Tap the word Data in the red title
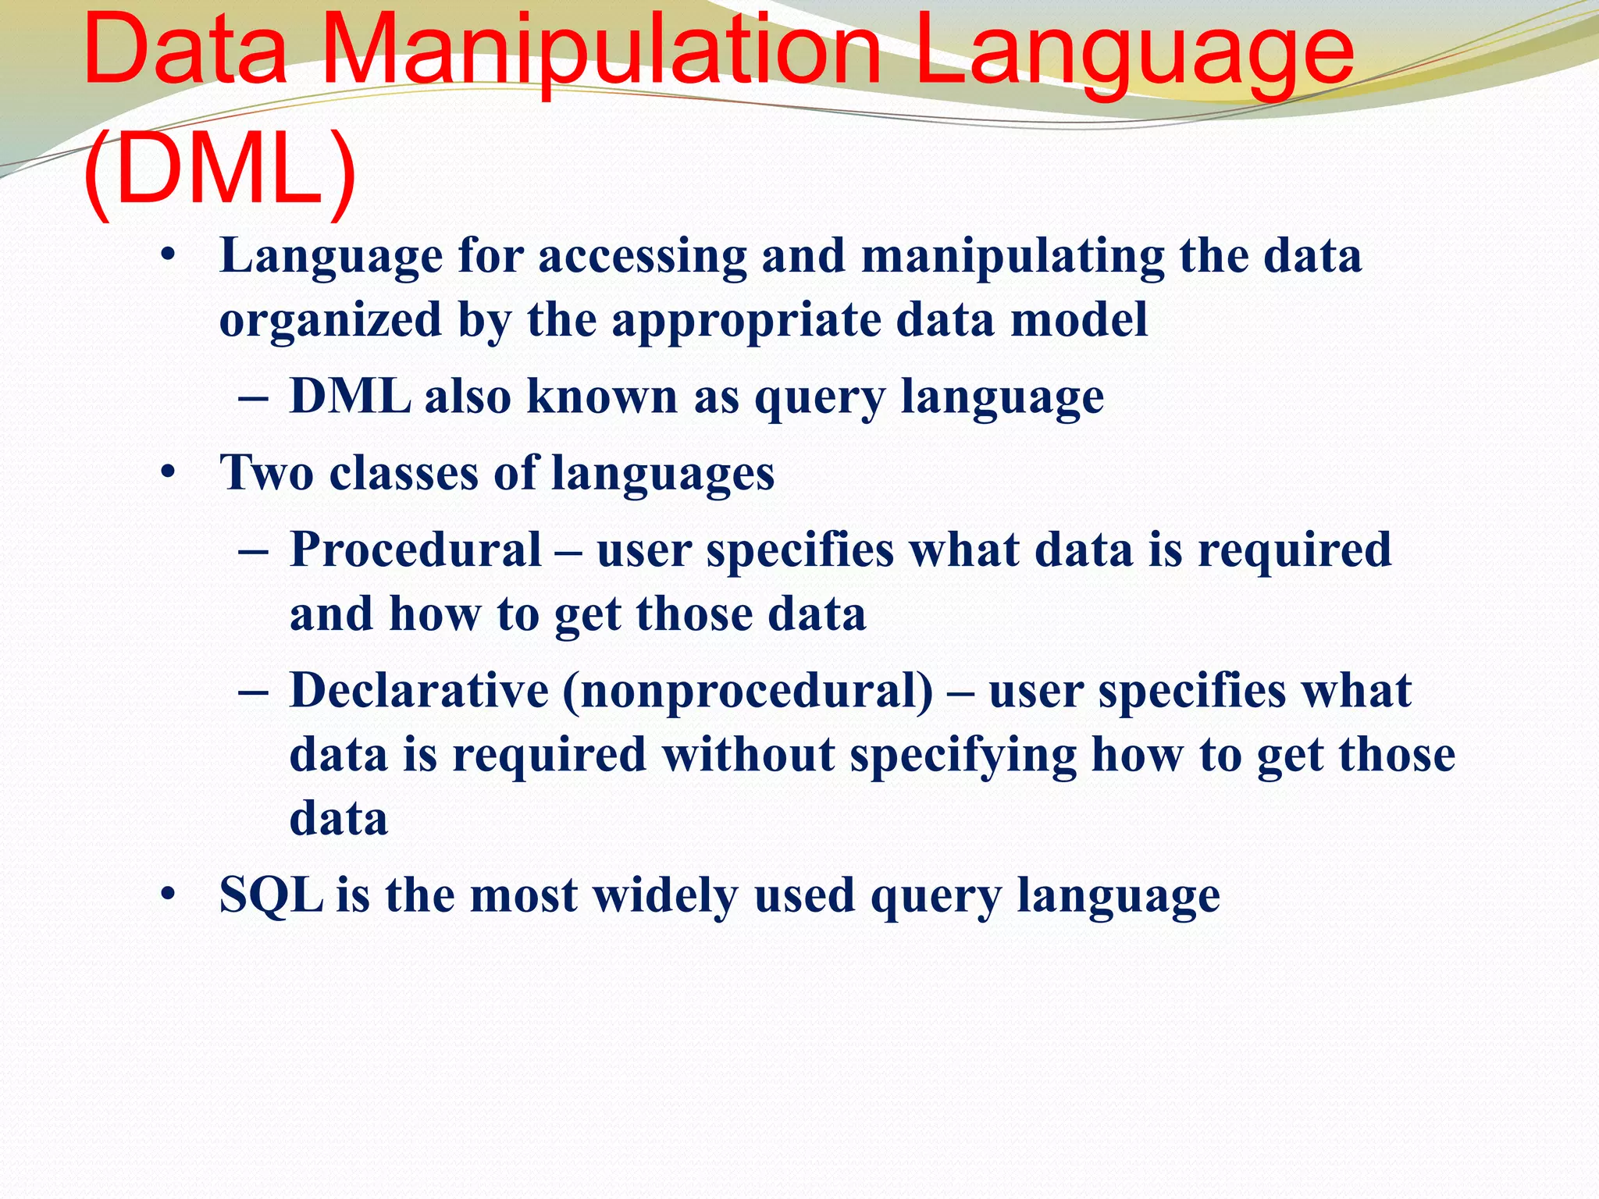pyautogui.click(x=186, y=53)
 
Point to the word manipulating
pyautogui.click(x=1013, y=258)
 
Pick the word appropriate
pyautogui.click(x=746, y=321)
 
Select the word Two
pyautogui.click(x=266, y=473)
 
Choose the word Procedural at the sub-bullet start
pyautogui.click(x=416, y=550)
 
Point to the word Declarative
pyautogui.click(x=420, y=691)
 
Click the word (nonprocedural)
pyautogui.click(x=747, y=692)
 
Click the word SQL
pyautogui.click(x=271, y=895)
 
